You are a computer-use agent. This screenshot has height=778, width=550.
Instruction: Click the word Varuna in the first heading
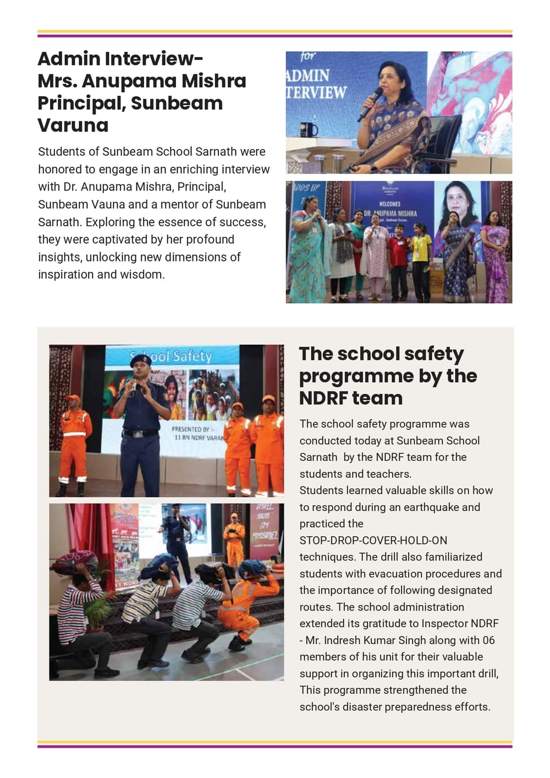73,125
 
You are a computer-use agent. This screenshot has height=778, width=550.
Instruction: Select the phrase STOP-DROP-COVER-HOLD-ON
373,540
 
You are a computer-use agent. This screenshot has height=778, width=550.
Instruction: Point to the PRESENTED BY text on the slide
193,429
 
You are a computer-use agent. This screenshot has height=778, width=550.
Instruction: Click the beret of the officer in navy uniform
140,359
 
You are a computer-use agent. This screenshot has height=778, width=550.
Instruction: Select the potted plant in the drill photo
96,611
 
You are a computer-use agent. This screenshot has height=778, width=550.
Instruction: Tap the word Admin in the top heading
69,58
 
